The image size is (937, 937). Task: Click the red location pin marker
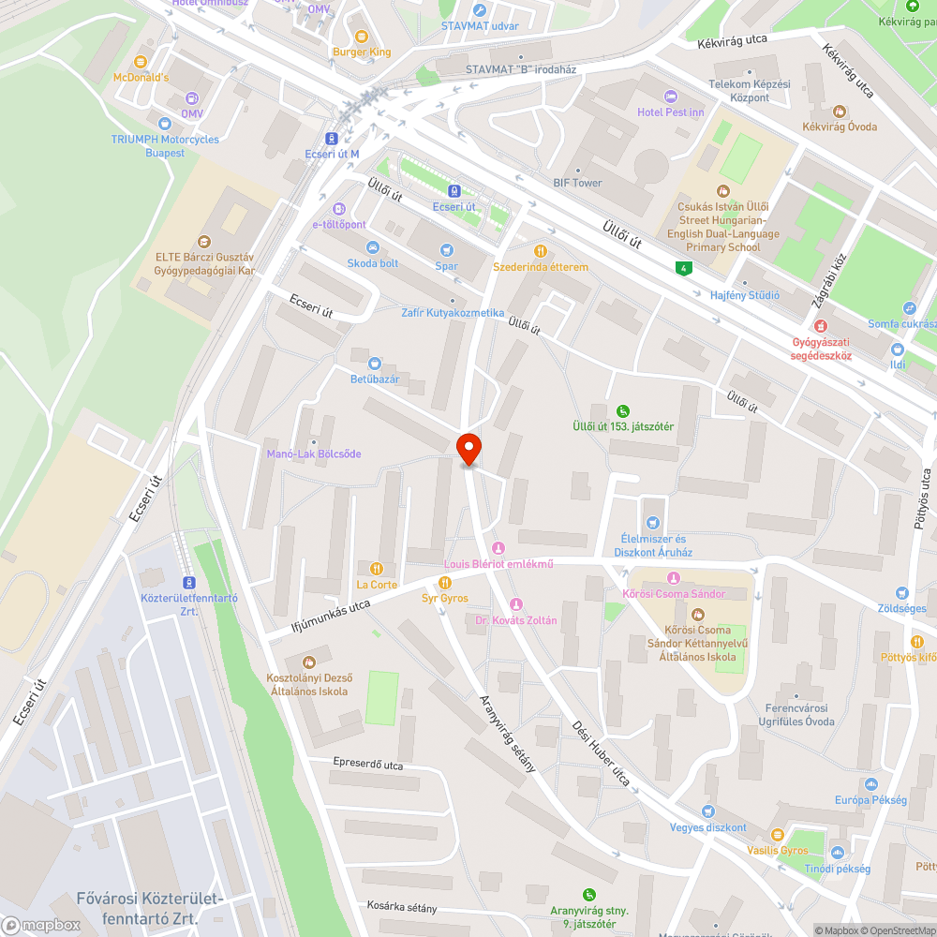tap(468, 449)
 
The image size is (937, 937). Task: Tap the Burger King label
tap(361, 52)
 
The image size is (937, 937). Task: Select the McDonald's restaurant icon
tap(141, 62)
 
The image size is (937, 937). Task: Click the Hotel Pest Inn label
tap(670, 112)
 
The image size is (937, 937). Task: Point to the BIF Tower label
tap(577, 183)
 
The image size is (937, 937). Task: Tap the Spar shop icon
tap(447, 249)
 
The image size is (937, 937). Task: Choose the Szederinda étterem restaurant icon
tap(541, 251)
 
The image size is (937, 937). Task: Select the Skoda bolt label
tap(372, 263)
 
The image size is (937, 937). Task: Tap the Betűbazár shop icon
tap(375, 363)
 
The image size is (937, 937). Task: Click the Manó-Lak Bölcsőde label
tap(313, 454)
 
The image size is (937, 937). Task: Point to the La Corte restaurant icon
tap(377, 568)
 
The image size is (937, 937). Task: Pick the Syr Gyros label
tap(444, 597)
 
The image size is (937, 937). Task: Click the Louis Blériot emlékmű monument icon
tap(498, 547)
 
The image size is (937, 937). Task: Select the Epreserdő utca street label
tap(367, 765)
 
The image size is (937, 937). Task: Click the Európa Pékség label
tap(870, 800)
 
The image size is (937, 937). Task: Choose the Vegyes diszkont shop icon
tap(708, 811)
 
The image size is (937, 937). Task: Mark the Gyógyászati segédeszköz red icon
tap(821, 326)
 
